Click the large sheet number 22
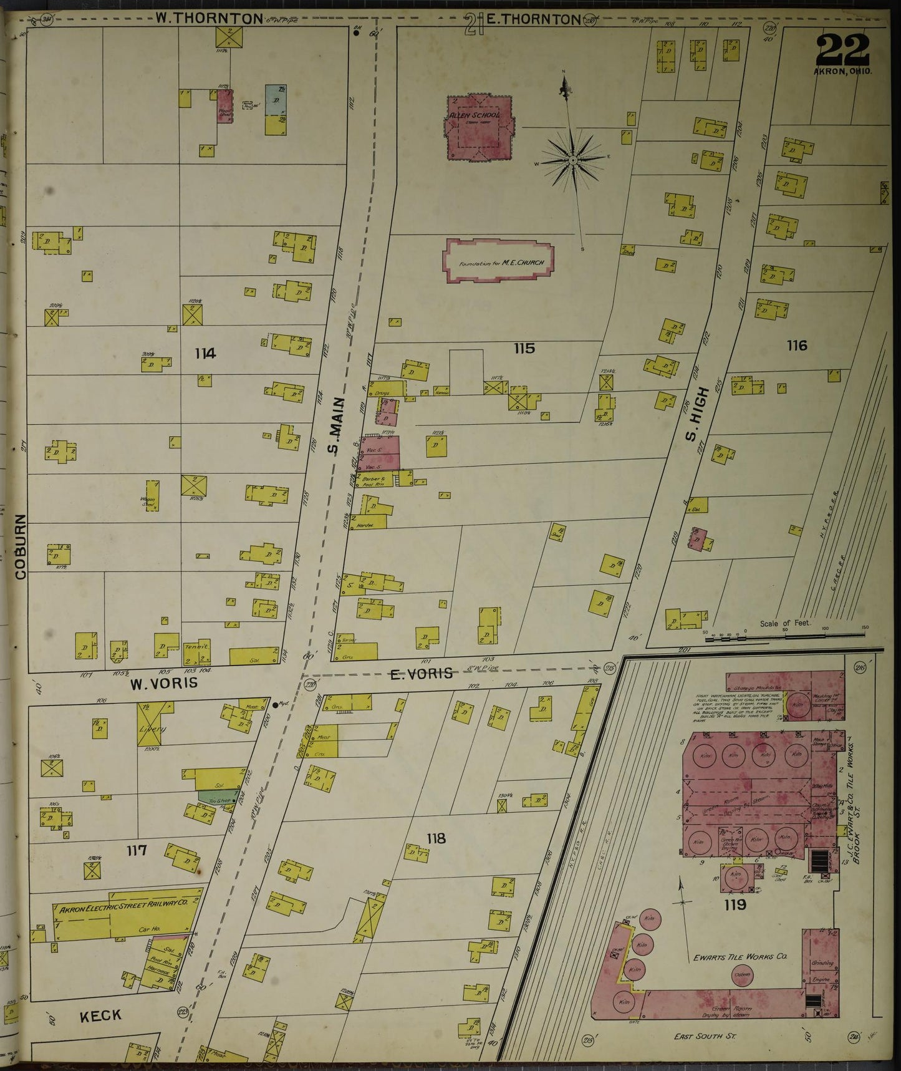point(842,49)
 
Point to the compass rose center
point(572,162)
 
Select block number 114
point(205,354)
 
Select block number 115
point(524,348)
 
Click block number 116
point(797,345)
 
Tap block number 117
point(136,850)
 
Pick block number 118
point(436,838)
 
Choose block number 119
point(735,904)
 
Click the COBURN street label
point(21,546)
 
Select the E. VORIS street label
point(421,674)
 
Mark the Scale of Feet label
point(784,623)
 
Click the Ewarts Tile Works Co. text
point(740,957)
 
